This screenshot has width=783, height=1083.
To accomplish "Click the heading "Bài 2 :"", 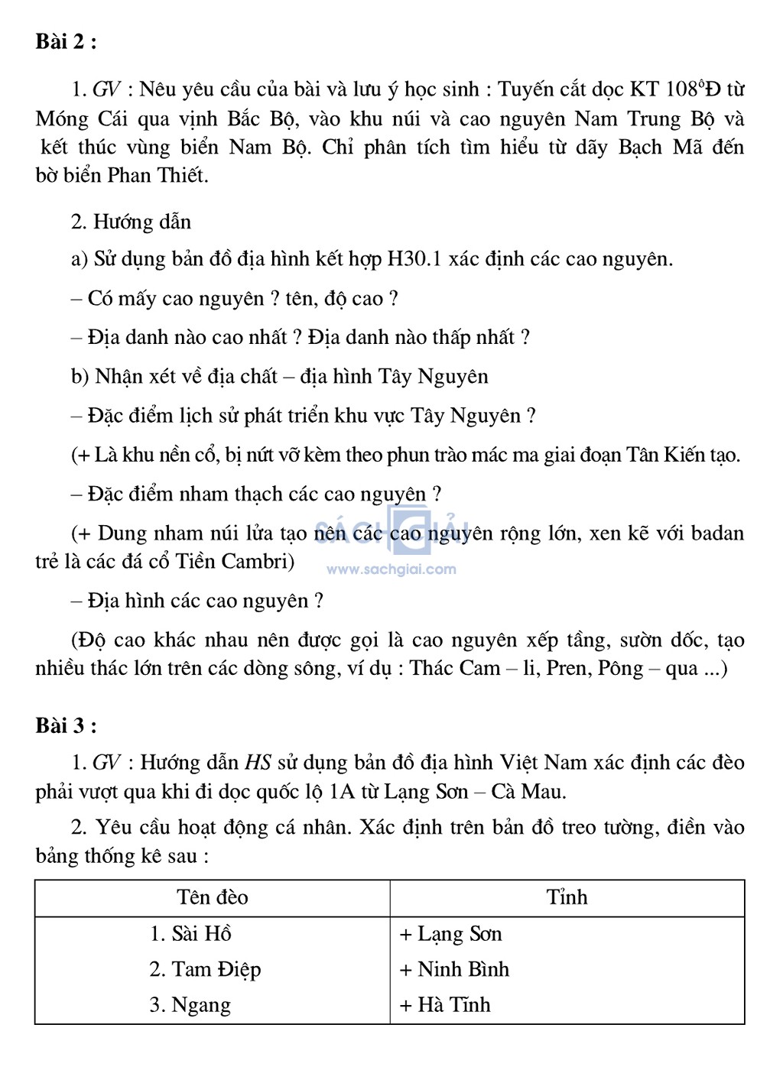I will coord(66,42).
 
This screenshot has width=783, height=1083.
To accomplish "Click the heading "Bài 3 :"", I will coord(66,725).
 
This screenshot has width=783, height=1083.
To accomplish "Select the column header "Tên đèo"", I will coord(213,897).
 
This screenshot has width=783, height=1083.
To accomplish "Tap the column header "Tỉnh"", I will coord(567,897).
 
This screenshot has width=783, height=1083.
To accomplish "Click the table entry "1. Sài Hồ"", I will coord(190,933).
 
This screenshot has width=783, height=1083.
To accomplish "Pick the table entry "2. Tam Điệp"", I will coord(205,969).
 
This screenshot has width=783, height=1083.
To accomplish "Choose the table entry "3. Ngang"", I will coord(190,1005).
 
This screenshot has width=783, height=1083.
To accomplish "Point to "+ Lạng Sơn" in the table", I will coord(450,934).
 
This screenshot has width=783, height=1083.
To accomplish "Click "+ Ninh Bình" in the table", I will coord(454,969).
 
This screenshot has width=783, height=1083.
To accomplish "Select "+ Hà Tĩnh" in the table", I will coord(445,1005).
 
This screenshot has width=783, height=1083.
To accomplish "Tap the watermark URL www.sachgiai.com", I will coord(391,569).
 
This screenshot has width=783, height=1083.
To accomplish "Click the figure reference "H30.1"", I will coord(414,259).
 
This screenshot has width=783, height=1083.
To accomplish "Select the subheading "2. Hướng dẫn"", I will coord(131,222).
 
